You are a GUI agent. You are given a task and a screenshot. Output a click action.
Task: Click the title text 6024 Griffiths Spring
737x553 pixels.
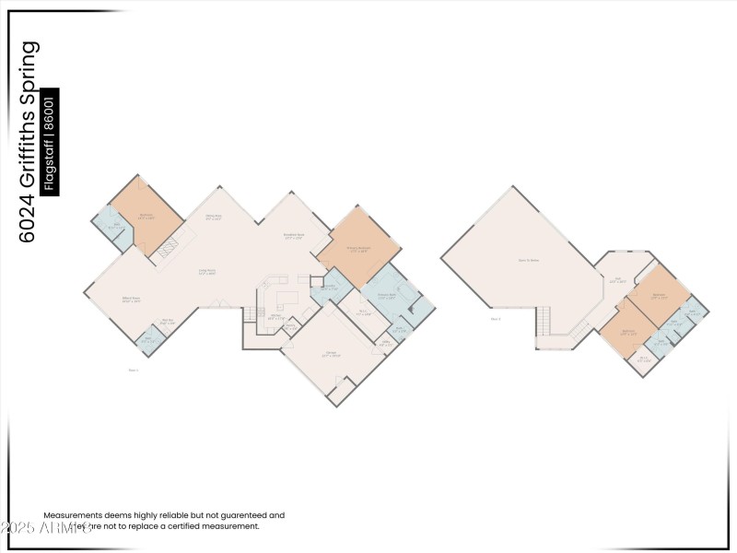pyautogui.click(x=29, y=141)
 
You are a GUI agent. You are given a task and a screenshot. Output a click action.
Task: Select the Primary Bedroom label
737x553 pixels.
pyautogui.click(x=358, y=249)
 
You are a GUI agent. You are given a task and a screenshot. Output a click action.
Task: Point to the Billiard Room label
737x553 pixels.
pyautogui.click(x=132, y=300)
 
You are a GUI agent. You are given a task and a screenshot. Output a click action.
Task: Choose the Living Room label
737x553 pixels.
pyautogui.click(x=208, y=272)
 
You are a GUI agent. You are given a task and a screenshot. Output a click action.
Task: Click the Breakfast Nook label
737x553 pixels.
pyautogui.click(x=294, y=237)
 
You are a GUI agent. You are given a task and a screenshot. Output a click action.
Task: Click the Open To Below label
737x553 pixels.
pyautogui.click(x=528, y=260)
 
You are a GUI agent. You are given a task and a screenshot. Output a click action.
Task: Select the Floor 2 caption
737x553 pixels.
pyautogui.click(x=496, y=319)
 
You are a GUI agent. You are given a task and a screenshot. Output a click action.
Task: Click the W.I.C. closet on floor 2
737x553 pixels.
pyautogui.click(x=643, y=359)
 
